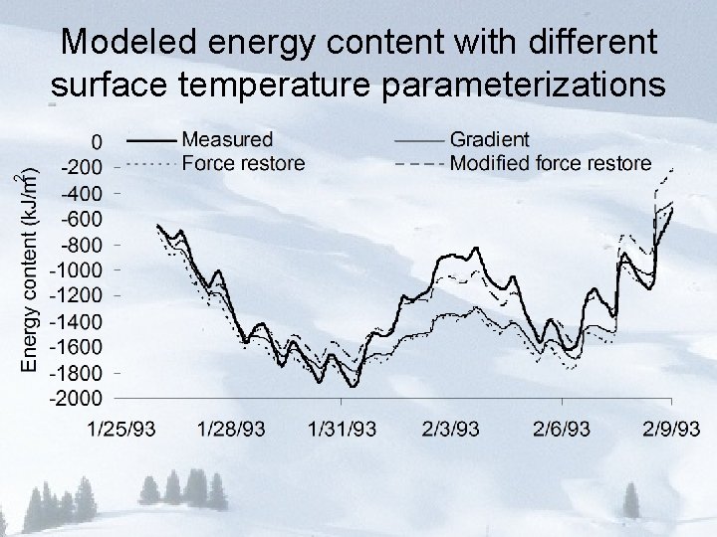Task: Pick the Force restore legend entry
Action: [244, 163]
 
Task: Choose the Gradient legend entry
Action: [490, 140]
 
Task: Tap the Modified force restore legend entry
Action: [551, 163]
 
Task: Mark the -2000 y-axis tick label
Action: [80, 399]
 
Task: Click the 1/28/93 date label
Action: [232, 430]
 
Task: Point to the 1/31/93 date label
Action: [343, 430]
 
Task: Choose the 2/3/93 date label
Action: [451, 430]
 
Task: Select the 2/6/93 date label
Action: [562, 430]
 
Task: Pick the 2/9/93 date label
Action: [667, 430]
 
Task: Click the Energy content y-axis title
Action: [31, 269]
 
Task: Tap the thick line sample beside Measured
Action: [153, 140]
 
